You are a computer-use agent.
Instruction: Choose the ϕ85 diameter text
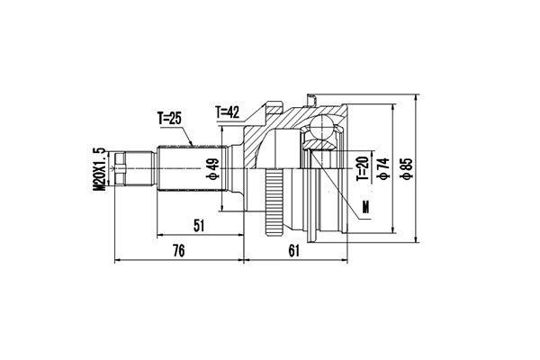pos(408,167)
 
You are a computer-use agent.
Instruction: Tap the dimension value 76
pos(178,251)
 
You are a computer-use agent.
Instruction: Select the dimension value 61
pos(294,251)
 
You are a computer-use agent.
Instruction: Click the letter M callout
pos(365,209)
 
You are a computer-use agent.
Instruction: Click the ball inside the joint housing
pos(320,135)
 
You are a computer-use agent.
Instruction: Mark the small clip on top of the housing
pos(311,95)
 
